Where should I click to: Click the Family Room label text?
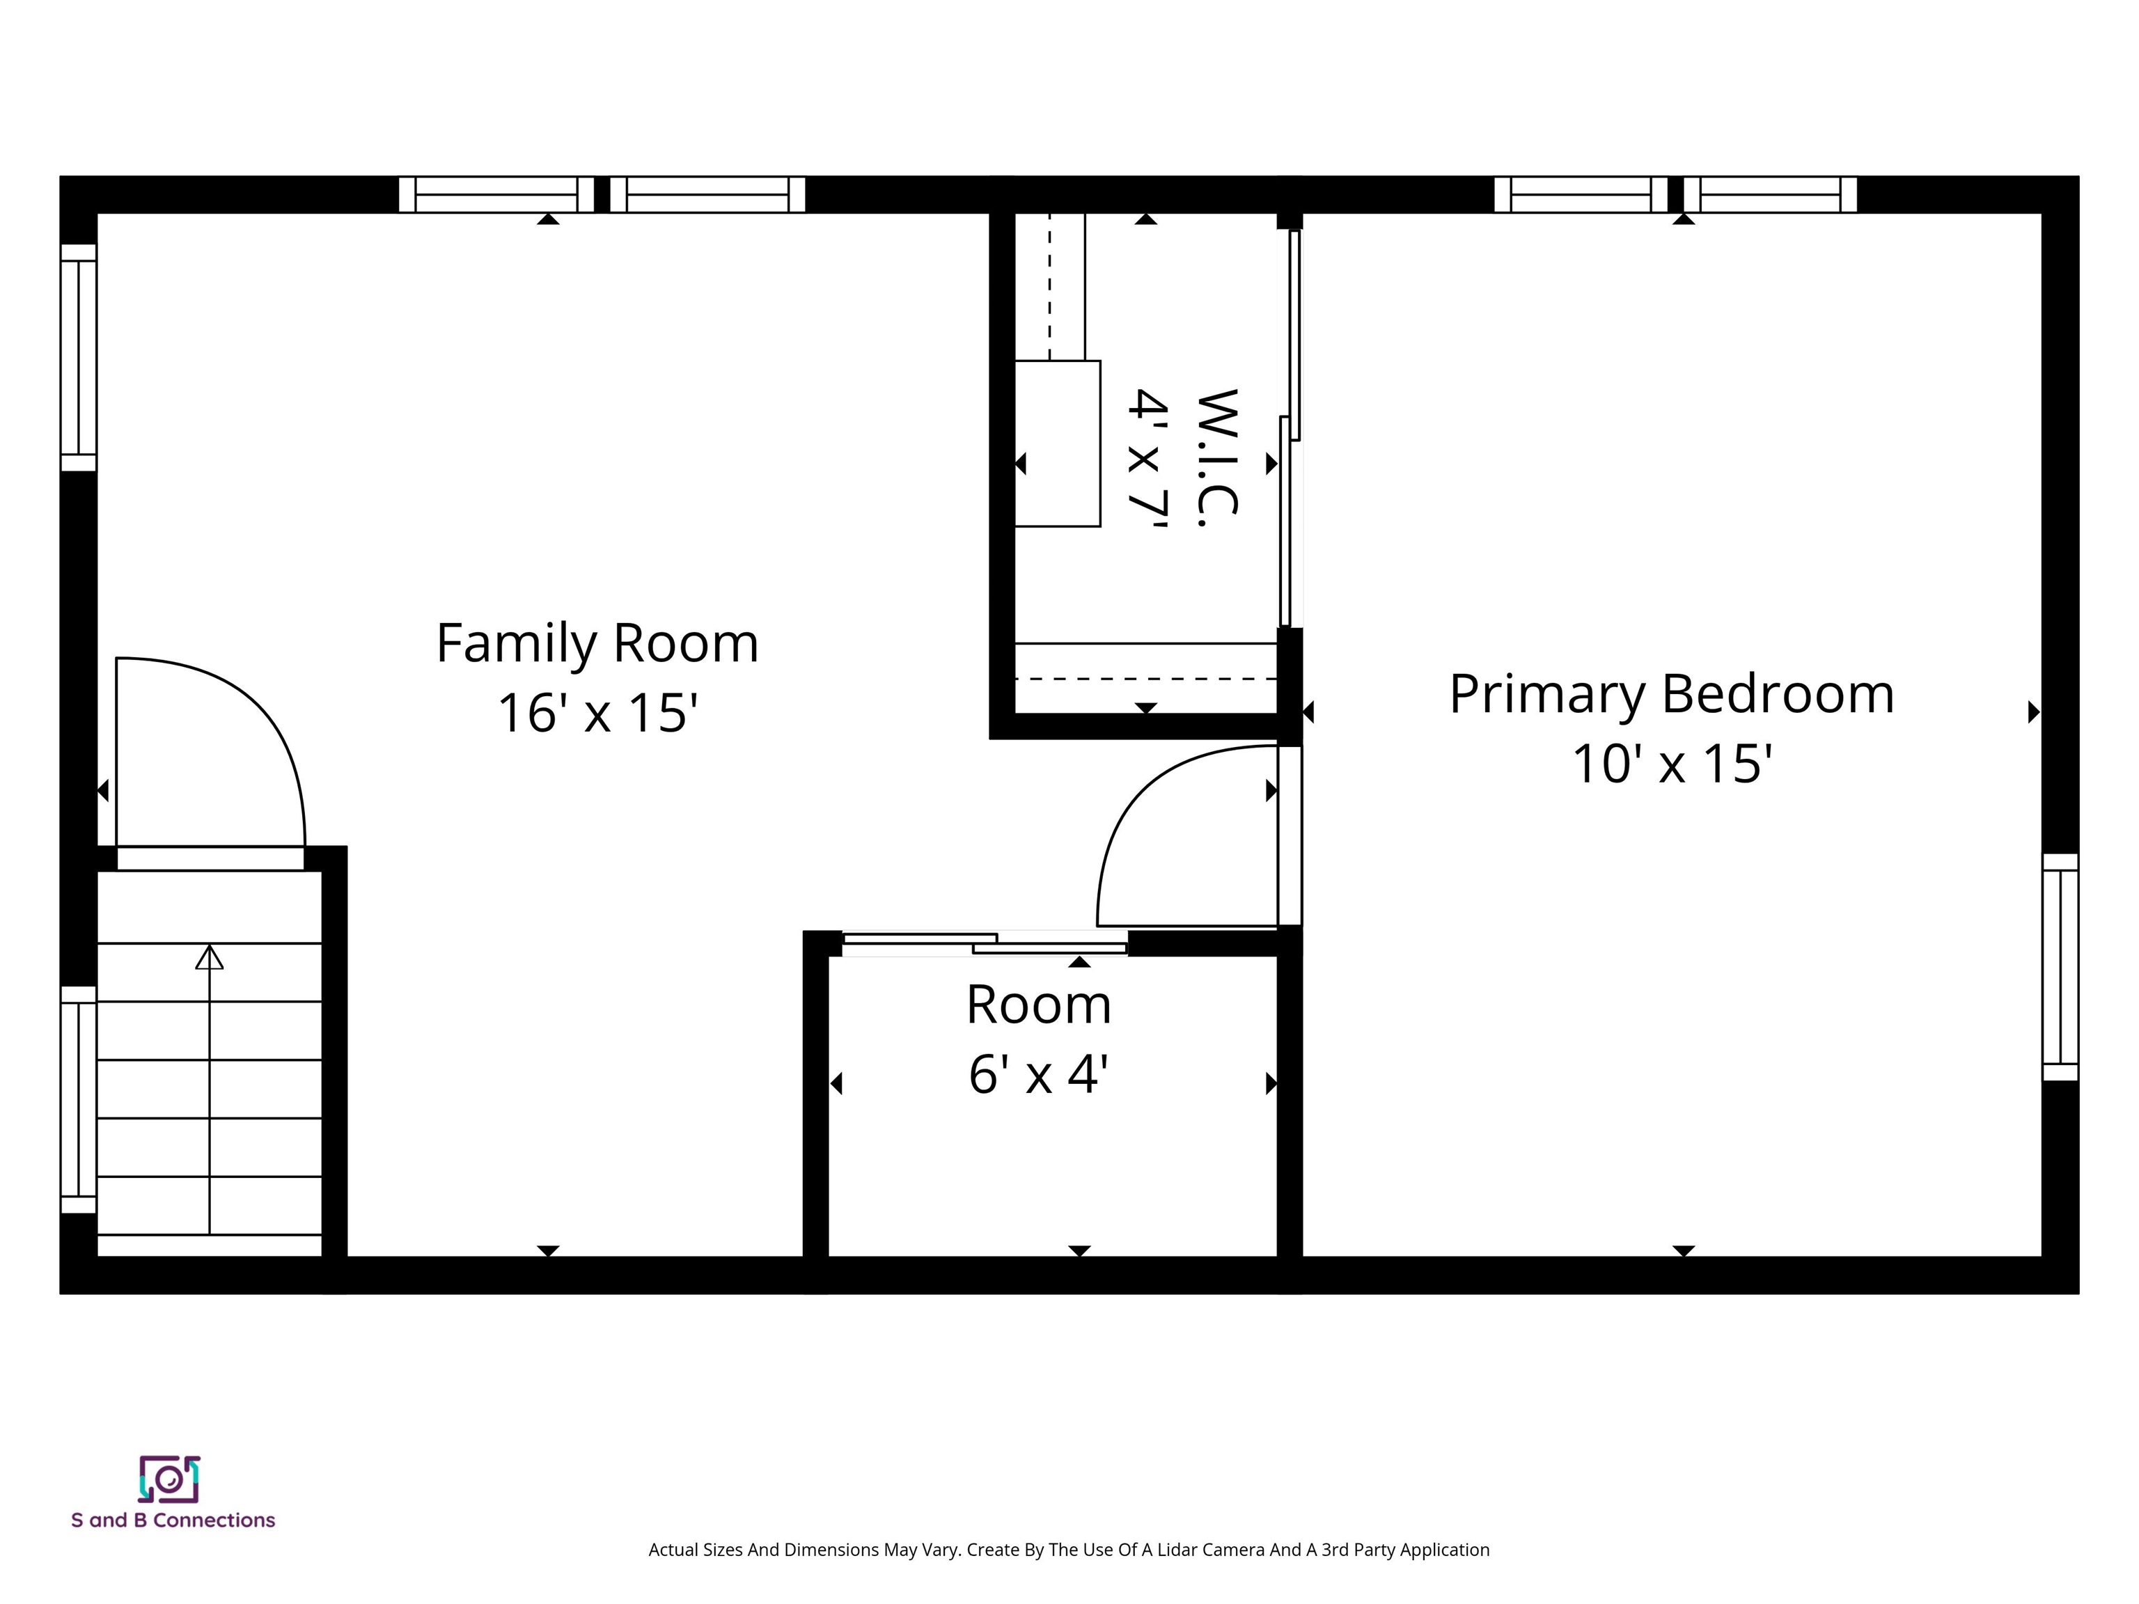coord(597,644)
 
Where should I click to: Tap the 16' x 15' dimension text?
coord(597,714)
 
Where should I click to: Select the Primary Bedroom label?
coord(1671,694)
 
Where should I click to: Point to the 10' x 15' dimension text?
coord(1671,764)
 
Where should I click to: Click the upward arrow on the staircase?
coord(210,957)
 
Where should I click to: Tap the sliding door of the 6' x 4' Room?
coord(985,943)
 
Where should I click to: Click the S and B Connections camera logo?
coord(169,1479)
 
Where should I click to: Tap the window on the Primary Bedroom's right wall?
coord(2060,967)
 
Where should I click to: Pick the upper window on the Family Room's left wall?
coord(78,358)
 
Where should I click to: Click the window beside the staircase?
coord(78,1099)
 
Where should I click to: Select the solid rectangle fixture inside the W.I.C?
coord(1057,443)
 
